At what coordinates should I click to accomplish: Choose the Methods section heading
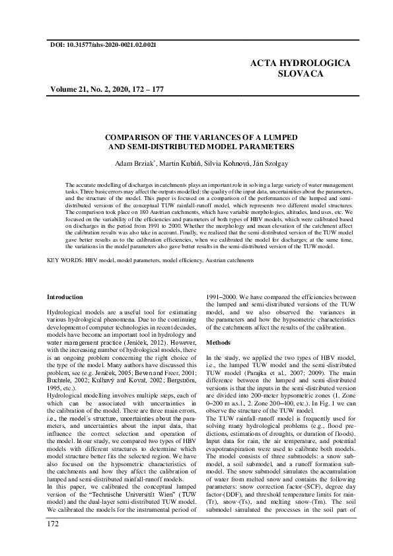[219, 343]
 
